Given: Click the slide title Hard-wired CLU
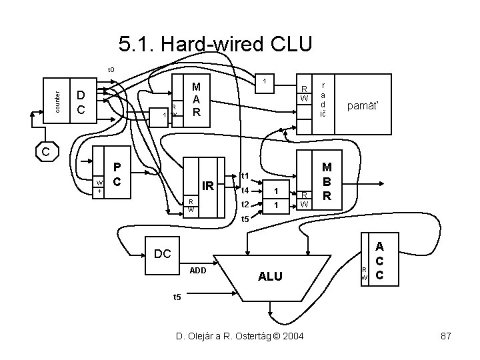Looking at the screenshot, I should tap(215, 45).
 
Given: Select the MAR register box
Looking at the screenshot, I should tap(195, 100).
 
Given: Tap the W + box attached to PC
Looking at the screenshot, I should tap(99, 186).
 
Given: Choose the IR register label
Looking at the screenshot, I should tap(208, 187).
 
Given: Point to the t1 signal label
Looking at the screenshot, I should tap(244, 176).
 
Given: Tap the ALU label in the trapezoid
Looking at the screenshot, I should tap(269, 276).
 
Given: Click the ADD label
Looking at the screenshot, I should tap(198, 271).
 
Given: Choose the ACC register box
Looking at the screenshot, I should tap(379, 261).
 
